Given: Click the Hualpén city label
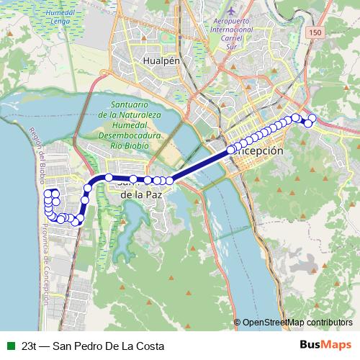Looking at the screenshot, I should point(161,62).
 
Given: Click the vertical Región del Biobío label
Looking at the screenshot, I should point(37,156).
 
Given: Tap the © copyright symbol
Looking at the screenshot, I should point(237,322).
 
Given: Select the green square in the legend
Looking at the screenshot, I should point(9,345).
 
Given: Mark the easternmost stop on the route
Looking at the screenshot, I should point(312,118).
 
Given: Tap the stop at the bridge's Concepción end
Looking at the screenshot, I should point(231,150).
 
